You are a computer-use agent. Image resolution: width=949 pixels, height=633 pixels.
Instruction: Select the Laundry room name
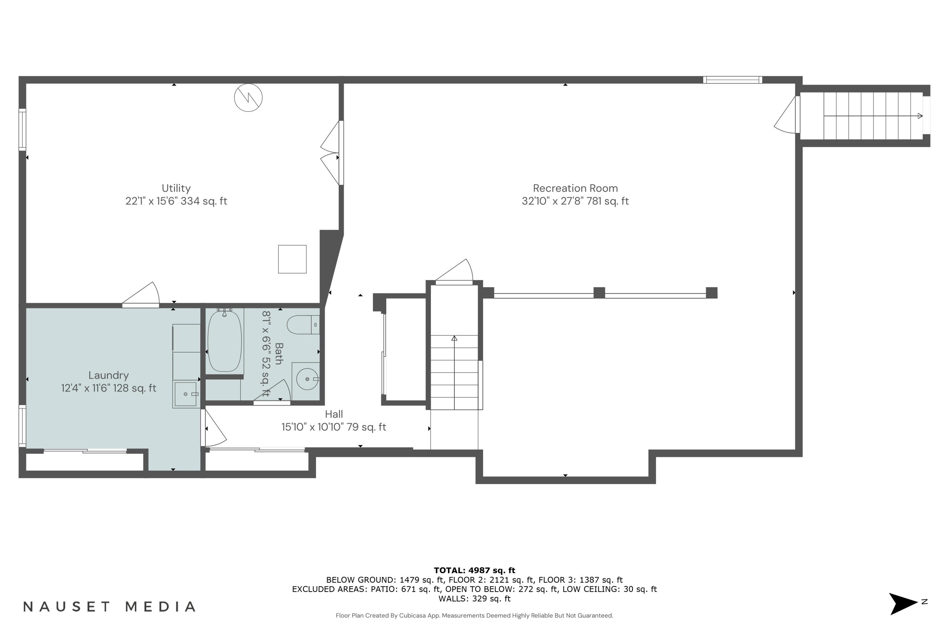(x=109, y=375)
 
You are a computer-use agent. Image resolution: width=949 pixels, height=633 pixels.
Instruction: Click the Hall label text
(x=334, y=414)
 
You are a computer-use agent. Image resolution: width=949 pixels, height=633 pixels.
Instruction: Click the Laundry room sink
(x=186, y=394)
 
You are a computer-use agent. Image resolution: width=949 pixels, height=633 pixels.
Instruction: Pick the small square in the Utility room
(x=292, y=259)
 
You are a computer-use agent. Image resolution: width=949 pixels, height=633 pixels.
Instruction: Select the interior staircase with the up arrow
(x=454, y=371)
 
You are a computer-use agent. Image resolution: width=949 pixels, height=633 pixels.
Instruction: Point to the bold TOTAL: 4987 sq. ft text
(x=474, y=570)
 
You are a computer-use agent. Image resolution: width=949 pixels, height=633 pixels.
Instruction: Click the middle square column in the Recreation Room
(x=599, y=293)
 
